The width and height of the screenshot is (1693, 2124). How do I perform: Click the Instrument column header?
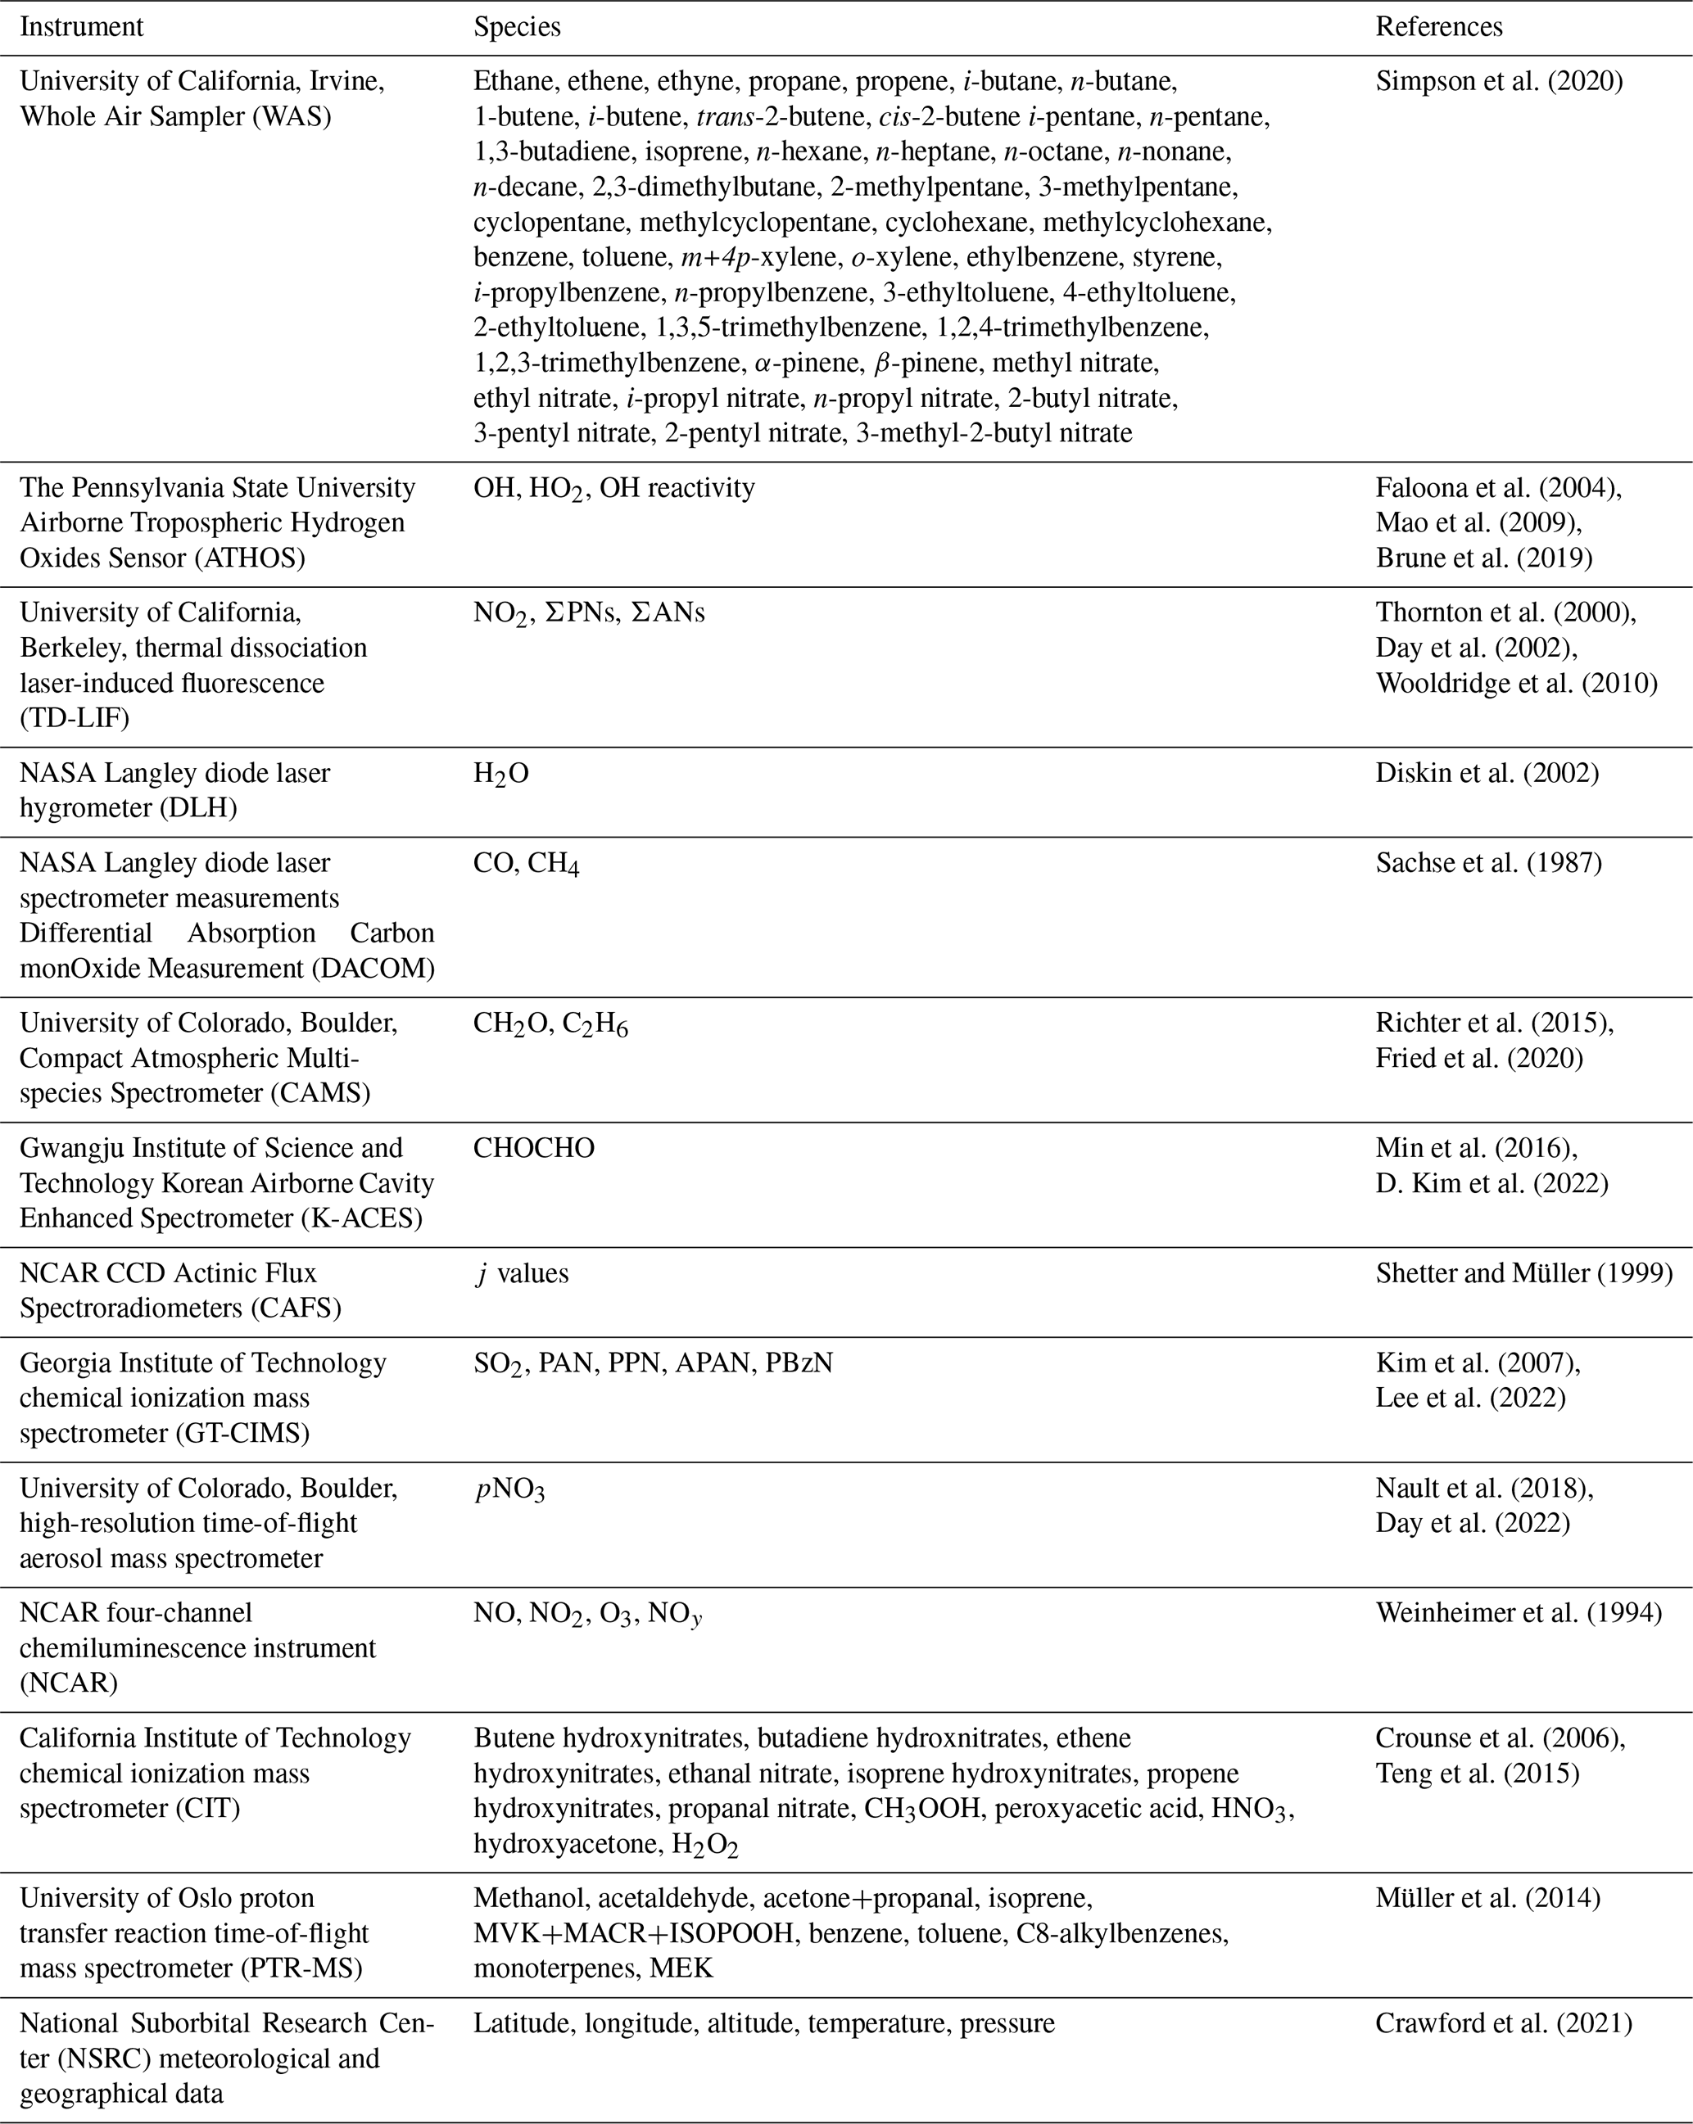tap(81, 26)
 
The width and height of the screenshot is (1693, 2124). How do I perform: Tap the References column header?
tap(1439, 26)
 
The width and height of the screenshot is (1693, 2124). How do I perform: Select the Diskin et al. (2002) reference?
tap(1487, 772)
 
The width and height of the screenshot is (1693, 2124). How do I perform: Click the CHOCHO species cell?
tap(533, 1148)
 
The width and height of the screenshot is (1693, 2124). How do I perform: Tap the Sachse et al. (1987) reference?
tap(1488, 862)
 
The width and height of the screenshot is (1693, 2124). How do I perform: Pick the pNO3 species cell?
tap(509, 1489)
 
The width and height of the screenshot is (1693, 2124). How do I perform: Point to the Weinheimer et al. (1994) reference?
tap(1519, 1613)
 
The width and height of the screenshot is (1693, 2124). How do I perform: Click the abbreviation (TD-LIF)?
tap(75, 717)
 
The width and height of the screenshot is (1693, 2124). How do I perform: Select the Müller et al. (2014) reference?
tap(1488, 1897)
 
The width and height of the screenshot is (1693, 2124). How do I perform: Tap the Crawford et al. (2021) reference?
tap(1504, 2022)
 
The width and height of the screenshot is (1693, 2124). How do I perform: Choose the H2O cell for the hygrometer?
tap(500, 773)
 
